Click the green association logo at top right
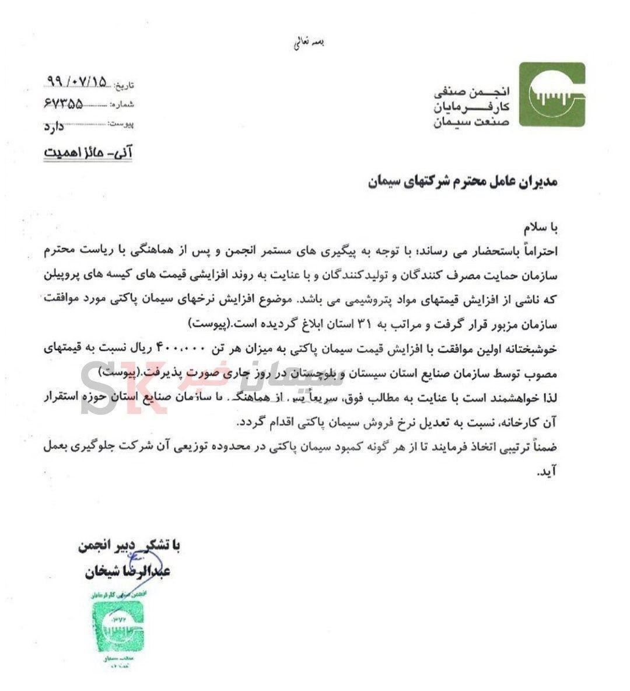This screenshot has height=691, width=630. click(552, 95)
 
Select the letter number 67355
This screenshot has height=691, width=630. click(64, 104)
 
